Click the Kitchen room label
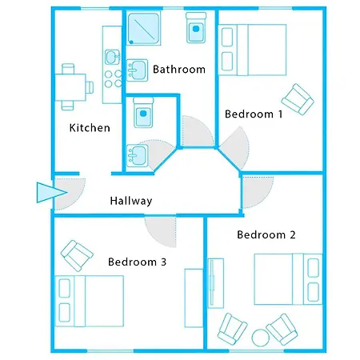pos(90,128)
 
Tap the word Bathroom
pos(178,70)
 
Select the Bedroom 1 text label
pos(254,114)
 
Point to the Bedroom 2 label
pos(266,235)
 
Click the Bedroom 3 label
pos(138,262)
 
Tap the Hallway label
pos(131,201)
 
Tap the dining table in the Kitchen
pos(71,81)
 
